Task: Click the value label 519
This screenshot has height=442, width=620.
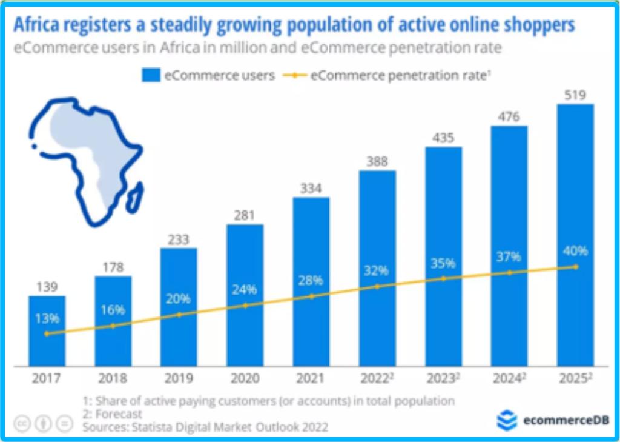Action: pos(575,95)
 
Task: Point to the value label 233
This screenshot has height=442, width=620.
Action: pos(179,239)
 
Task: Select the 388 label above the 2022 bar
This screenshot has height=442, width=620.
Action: pos(377,162)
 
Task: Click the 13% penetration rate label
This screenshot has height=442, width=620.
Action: pos(47,318)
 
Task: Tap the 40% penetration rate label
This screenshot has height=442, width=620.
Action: pos(575,251)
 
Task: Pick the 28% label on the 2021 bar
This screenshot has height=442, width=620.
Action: pos(311,281)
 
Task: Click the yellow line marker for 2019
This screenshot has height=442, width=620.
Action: pos(179,315)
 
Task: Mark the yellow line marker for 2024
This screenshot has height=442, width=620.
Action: pos(509,273)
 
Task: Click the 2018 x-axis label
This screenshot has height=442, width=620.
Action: pos(113,379)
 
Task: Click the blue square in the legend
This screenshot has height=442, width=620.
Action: pos(149,75)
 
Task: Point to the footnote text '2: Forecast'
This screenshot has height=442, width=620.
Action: pos(113,414)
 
